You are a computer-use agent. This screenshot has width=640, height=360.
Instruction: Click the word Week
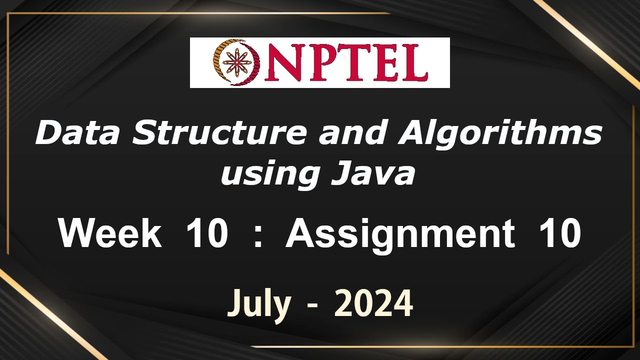point(110,233)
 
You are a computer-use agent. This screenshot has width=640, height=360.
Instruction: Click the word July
point(259,303)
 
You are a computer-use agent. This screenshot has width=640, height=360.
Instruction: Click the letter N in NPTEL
point(282,63)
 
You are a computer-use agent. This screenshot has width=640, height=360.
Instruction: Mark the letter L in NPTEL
point(415,63)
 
